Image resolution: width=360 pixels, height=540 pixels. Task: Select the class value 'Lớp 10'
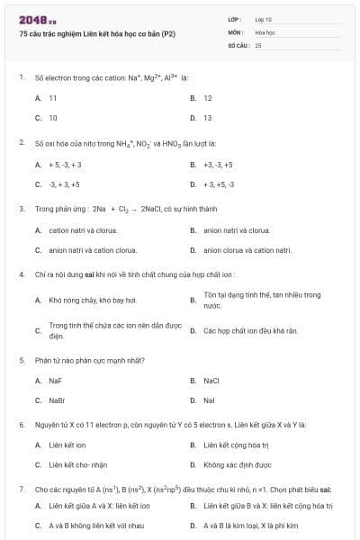tap(264, 18)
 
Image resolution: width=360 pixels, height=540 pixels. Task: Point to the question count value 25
tap(258, 44)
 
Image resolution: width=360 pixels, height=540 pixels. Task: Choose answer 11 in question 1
tap(53, 97)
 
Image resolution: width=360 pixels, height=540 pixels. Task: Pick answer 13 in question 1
tap(208, 117)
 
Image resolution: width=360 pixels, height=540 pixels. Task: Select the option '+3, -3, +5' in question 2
tap(218, 165)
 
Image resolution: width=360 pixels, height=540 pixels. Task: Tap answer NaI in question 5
tap(209, 400)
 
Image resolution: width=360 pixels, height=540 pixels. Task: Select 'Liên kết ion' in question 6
tap(67, 445)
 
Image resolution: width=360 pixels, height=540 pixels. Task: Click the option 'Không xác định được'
tap(237, 464)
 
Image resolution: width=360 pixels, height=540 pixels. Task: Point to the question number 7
tap(21, 489)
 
